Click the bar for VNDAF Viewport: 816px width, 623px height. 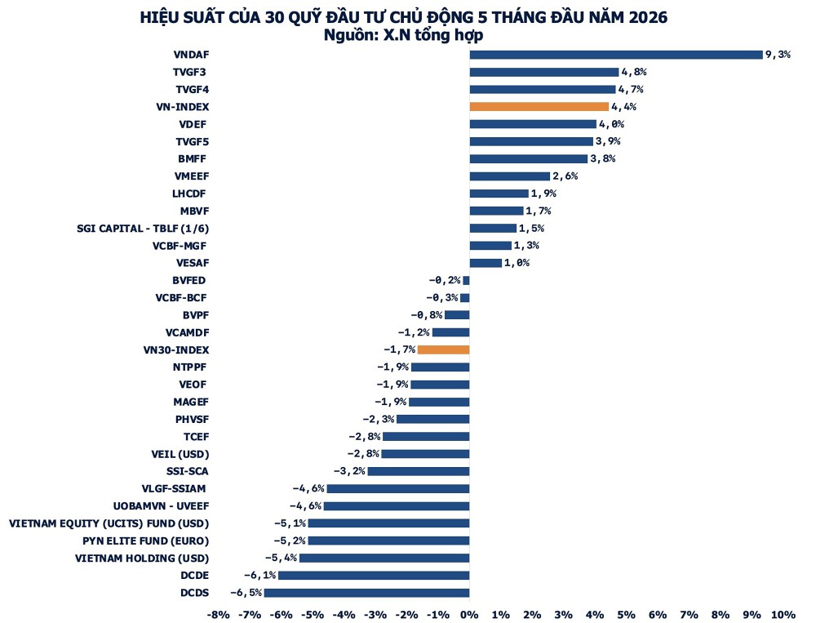click(616, 55)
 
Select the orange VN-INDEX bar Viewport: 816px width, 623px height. click(539, 107)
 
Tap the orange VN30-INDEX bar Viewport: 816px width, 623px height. click(443, 350)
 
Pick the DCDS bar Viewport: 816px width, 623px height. click(366, 593)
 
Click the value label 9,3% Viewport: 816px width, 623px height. click(778, 54)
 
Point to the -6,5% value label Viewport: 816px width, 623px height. click(246, 593)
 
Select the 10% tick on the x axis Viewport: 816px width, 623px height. click(783, 615)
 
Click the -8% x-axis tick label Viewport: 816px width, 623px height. click(218, 615)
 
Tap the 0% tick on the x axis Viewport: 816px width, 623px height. click(469, 615)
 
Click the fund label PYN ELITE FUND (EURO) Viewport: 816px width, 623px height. click(146, 541)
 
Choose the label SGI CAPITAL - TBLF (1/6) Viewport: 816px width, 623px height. click(143, 228)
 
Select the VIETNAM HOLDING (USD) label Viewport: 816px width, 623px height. click(142, 558)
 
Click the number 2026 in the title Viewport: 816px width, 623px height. click(647, 17)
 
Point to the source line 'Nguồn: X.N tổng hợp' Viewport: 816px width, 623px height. click(403, 35)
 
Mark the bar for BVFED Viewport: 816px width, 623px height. click(466, 280)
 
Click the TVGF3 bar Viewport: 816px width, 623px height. click(544, 72)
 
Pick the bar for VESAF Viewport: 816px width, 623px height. click(486, 263)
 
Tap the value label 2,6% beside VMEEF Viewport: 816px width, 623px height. click(565, 176)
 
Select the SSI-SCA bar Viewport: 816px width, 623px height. click(419, 471)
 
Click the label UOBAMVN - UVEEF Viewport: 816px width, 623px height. click(162, 506)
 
